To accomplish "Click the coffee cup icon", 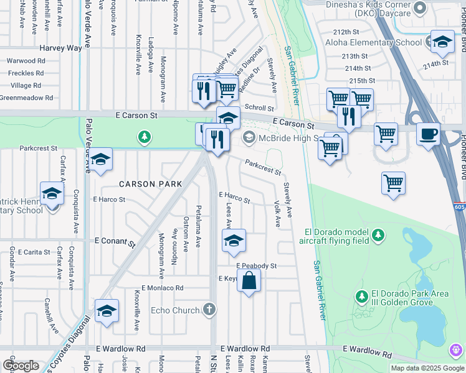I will (428, 134).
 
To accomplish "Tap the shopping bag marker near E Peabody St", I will (249, 280).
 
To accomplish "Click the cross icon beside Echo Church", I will (211, 309).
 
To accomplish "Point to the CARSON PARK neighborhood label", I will (151, 184).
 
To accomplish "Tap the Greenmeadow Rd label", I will (27, 98).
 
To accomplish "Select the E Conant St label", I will (115, 241).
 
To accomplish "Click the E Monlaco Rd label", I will (163, 288).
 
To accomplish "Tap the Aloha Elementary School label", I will (373, 43).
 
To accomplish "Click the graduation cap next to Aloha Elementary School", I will (442, 42).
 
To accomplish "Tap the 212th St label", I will (347, 32).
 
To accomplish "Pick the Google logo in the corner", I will (21, 365).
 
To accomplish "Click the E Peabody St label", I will (256, 265).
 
